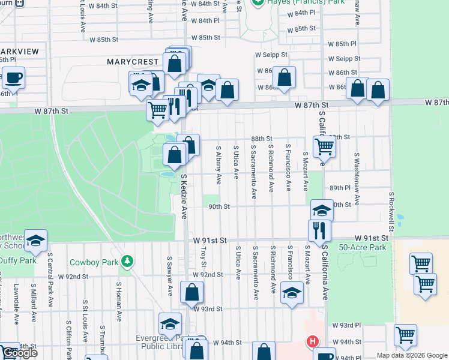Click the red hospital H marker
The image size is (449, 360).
pos(312,342)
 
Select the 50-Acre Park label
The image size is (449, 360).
pos(362,247)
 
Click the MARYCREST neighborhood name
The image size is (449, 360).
pos(133,62)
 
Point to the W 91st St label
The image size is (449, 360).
pos(210,240)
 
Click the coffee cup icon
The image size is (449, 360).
pos(13,77)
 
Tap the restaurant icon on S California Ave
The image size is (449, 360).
pos(319,231)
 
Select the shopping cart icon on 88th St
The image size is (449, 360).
pos(324,145)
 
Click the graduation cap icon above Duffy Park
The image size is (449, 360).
pos(36,241)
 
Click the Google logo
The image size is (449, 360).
pos(19,353)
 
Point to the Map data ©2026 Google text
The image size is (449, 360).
pos(412,355)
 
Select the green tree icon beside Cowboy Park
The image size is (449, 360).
pos(127,261)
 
